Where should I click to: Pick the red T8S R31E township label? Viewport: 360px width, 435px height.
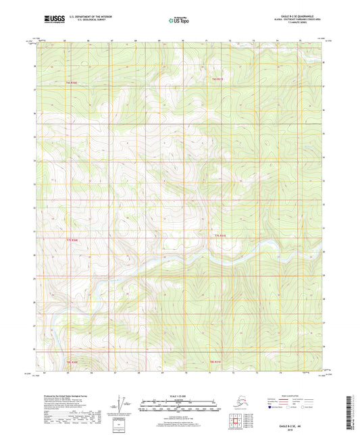(x=215, y=363)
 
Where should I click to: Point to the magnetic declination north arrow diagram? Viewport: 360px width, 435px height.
(x=122, y=405)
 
